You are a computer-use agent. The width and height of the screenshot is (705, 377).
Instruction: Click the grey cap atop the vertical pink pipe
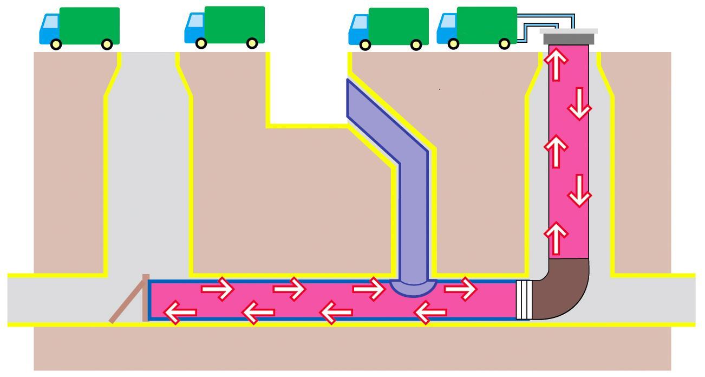569,38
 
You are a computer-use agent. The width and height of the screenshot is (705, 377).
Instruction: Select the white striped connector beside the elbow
522,300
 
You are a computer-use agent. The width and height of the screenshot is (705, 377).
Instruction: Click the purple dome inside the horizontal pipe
413,287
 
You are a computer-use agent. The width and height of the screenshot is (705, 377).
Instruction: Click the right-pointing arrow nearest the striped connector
460,289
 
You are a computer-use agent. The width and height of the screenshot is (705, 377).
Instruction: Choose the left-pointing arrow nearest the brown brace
179,313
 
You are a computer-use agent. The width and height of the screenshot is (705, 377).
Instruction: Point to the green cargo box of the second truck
234,24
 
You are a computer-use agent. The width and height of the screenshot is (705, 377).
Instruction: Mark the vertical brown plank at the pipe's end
146,298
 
